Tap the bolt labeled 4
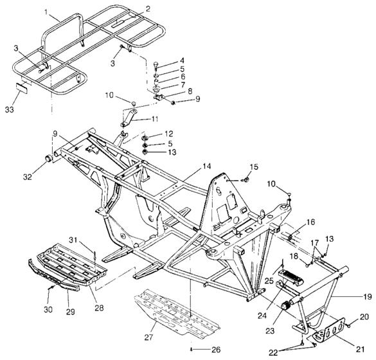pyautogui.click(x=156, y=65)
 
